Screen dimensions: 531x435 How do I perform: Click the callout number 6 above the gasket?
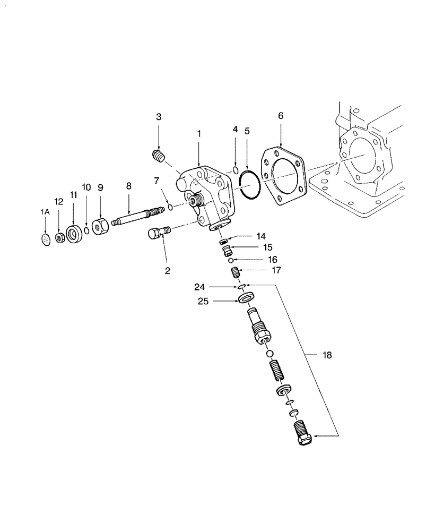click(x=281, y=116)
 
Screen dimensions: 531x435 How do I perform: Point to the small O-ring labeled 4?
click(x=235, y=169)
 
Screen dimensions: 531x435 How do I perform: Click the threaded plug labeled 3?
click(x=158, y=156)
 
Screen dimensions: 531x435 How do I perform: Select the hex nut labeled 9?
click(x=99, y=227)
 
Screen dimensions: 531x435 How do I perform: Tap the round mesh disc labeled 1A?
click(x=46, y=240)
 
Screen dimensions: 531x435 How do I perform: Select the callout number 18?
click(x=327, y=355)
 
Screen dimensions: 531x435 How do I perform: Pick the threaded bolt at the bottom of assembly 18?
click(x=301, y=434)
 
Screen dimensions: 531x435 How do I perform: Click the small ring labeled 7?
click(x=169, y=206)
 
